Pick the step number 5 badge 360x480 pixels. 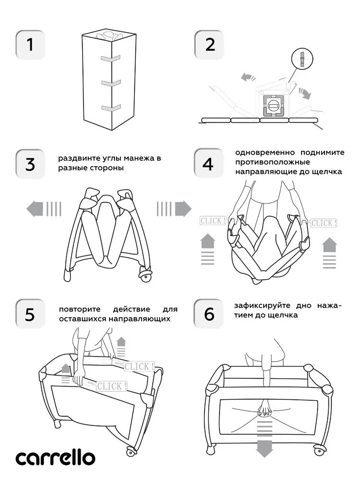pos(30,314)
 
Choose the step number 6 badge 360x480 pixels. pos(208,314)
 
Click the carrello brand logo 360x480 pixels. pos(54,457)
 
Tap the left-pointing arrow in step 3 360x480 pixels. pos(43,208)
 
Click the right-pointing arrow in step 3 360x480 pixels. pos(174,208)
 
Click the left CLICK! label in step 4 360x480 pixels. pos(212,221)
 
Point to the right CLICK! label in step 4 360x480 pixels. pos(324,223)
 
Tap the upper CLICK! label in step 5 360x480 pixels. pos(139,366)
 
